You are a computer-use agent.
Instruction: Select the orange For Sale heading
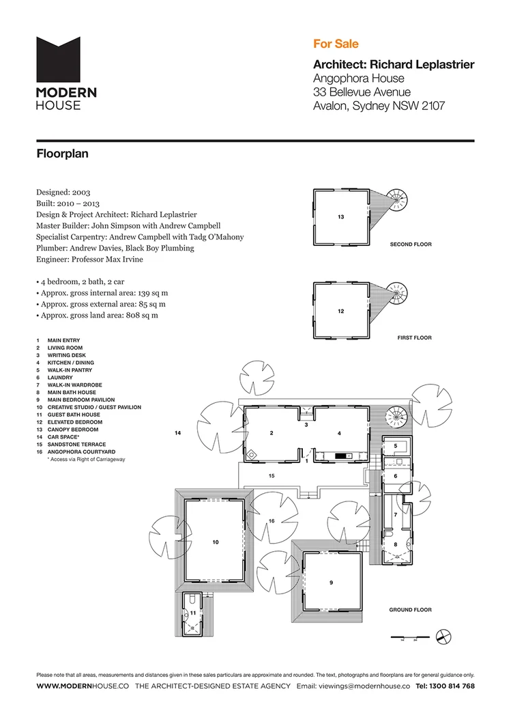pyautogui.click(x=331, y=44)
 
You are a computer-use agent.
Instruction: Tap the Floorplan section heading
pyautogui.click(x=62, y=154)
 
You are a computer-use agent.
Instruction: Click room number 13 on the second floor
pyautogui.click(x=340, y=217)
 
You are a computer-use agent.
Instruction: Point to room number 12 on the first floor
pyautogui.click(x=340, y=311)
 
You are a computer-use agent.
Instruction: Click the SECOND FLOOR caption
pyautogui.click(x=410, y=244)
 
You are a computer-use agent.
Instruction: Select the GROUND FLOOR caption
pyautogui.click(x=410, y=610)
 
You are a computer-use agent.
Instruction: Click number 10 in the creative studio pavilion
pyautogui.click(x=215, y=542)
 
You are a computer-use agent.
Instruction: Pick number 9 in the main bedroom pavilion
pyautogui.click(x=331, y=583)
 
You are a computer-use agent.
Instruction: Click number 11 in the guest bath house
pyautogui.click(x=193, y=613)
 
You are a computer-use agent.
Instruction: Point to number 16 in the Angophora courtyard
pyautogui.click(x=271, y=521)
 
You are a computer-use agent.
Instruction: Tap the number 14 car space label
pyautogui.click(x=177, y=433)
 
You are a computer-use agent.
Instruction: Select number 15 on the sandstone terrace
pyautogui.click(x=271, y=475)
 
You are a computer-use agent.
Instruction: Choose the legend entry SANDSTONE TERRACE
pyautogui.click(x=71, y=445)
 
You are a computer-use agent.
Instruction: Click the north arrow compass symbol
pyautogui.click(x=443, y=636)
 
